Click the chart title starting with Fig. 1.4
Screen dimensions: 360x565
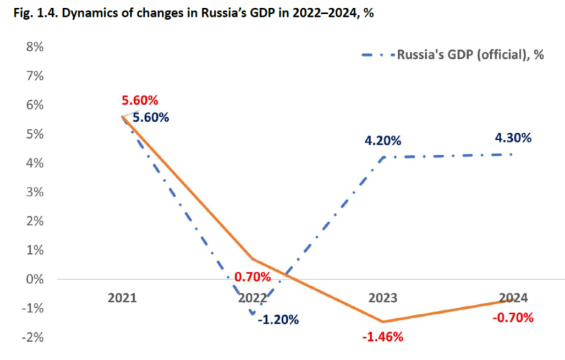click(x=187, y=14)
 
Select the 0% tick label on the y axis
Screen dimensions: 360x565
click(x=34, y=279)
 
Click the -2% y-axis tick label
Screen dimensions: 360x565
click(x=32, y=337)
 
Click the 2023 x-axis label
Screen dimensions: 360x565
click(x=383, y=298)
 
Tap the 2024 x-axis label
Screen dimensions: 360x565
click(x=513, y=298)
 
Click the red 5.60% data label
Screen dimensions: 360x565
click(x=140, y=100)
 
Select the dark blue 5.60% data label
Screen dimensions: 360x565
click(x=151, y=117)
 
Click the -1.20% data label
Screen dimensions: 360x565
click(x=278, y=319)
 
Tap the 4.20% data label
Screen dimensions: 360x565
click(x=383, y=140)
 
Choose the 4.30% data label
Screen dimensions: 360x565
click(x=513, y=138)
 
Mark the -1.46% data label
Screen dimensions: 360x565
click(x=383, y=336)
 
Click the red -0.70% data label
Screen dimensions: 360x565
click(x=513, y=318)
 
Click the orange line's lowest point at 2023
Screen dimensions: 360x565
click(x=383, y=321)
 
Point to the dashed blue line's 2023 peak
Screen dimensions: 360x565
click(x=383, y=157)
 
